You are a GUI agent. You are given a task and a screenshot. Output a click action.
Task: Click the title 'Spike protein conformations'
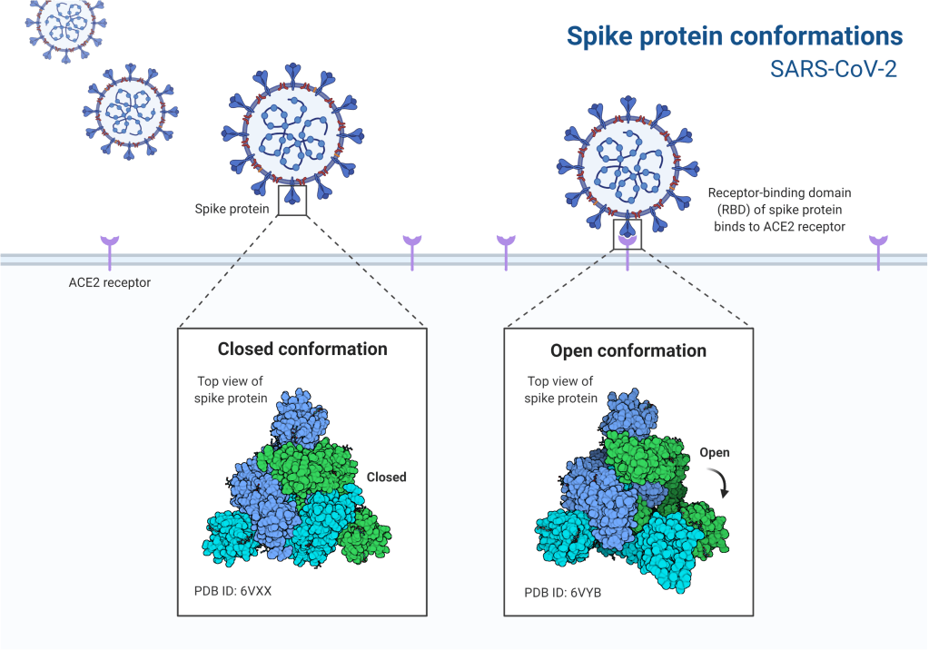pos(735,36)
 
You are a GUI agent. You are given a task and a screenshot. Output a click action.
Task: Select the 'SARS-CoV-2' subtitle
pos(834,70)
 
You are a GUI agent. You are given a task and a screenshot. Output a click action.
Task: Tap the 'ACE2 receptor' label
pos(110,282)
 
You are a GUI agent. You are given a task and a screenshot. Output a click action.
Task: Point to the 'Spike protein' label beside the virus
pos(232,209)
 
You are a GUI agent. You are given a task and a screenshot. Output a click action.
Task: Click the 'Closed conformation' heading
pos(302,350)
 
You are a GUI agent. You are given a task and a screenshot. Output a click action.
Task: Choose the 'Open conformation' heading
pos(628,350)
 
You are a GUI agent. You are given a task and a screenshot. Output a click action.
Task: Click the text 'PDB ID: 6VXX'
pos(234,591)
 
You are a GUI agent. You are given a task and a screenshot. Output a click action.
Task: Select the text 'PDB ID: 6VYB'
pos(563,593)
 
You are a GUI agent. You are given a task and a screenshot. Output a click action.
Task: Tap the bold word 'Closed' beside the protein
pos(386,477)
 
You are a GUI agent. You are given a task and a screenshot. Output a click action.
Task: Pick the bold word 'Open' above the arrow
pos(715,452)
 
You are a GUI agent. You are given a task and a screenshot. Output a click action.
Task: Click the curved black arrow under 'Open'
pos(723,481)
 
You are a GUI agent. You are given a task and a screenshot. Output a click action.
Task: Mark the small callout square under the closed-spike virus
pos(292,202)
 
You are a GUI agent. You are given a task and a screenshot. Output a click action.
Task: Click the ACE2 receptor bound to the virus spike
pos(628,246)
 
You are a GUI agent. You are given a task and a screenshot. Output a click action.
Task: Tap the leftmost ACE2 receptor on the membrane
pos(110,251)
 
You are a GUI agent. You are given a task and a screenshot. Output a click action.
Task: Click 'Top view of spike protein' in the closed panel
pos(232,390)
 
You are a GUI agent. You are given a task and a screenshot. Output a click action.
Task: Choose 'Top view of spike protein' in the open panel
pos(562,390)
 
